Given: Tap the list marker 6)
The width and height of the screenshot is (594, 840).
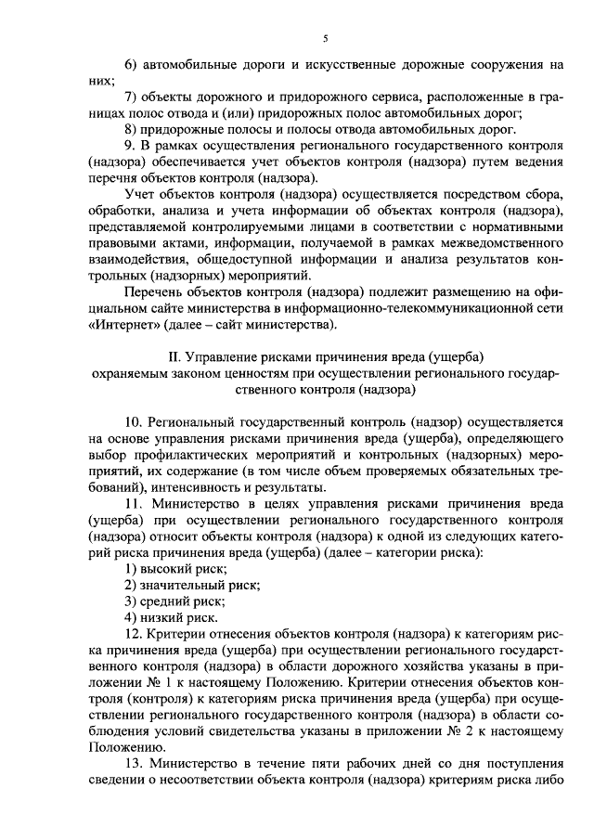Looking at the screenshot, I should [x=130, y=67].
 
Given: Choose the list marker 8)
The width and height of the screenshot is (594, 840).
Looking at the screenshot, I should [x=130, y=130].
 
